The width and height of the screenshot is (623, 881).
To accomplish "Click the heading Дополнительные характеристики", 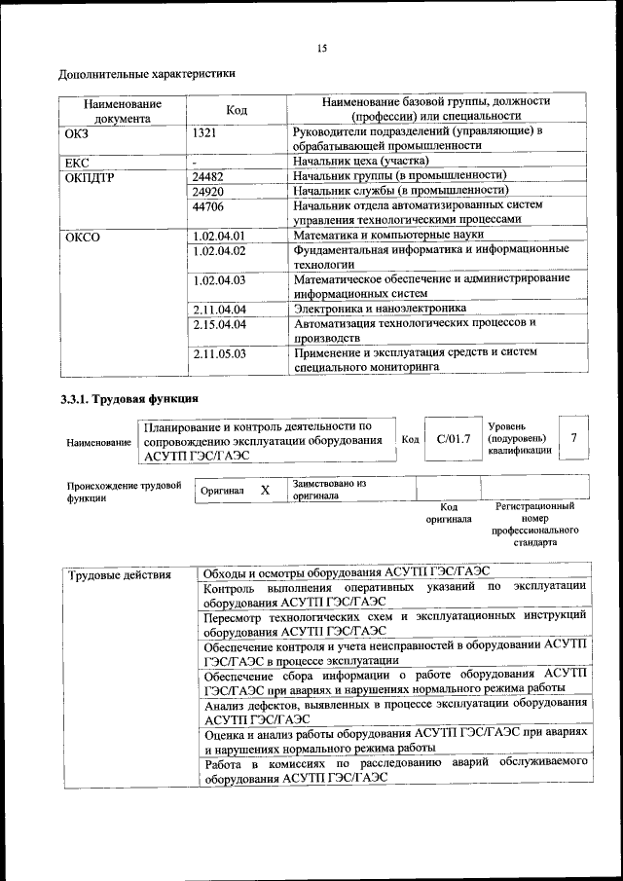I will tap(146, 74).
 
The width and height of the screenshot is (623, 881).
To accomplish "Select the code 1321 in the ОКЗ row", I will tap(203, 131).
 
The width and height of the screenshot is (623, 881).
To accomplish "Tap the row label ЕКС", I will tap(76, 161).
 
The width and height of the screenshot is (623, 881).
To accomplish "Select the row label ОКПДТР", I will tap(89, 176).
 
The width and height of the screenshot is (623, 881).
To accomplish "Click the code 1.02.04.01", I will tap(218, 236).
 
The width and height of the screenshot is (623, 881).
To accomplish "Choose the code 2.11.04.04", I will tap(218, 309).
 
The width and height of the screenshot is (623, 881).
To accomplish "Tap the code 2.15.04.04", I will tap(218, 323).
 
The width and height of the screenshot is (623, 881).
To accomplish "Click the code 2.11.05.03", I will tap(218, 352).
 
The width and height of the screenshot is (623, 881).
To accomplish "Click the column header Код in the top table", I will tap(236, 109).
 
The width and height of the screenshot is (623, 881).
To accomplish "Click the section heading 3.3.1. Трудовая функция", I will tap(128, 399).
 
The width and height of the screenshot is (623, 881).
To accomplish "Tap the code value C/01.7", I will tap(454, 439).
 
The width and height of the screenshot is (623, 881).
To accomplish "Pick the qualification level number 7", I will tap(574, 438).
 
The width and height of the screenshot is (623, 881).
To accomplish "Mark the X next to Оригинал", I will tap(265, 491).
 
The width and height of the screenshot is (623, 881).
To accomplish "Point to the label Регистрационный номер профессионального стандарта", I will tap(534, 525).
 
